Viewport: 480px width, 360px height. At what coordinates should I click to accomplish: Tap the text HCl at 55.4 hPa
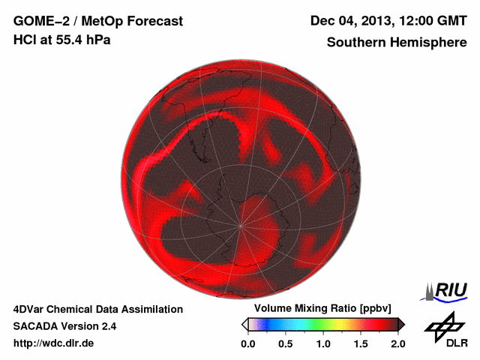click(x=61, y=40)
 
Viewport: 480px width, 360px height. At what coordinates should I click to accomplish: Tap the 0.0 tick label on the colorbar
click(x=248, y=343)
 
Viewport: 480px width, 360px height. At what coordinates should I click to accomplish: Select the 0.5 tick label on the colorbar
click(x=286, y=343)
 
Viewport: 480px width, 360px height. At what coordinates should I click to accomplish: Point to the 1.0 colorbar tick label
click(x=323, y=343)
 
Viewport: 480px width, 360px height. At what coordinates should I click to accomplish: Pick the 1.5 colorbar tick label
click(x=361, y=343)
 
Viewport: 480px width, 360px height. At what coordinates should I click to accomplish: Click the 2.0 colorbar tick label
click(x=397, y=343)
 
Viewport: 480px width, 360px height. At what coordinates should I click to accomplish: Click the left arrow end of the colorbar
click(x=244, y=324)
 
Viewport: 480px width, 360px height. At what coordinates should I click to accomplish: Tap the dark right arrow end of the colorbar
click(x=401, y=324)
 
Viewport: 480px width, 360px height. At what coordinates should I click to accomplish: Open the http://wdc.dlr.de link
click(x=54, y=343)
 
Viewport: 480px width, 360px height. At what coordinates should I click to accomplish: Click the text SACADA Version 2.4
click(x=64, y=326)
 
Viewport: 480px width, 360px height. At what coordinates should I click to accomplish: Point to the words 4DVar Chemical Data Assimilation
click(x=97, y=309)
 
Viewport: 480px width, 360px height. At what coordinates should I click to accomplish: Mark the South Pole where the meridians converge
click(x=240, y=224)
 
